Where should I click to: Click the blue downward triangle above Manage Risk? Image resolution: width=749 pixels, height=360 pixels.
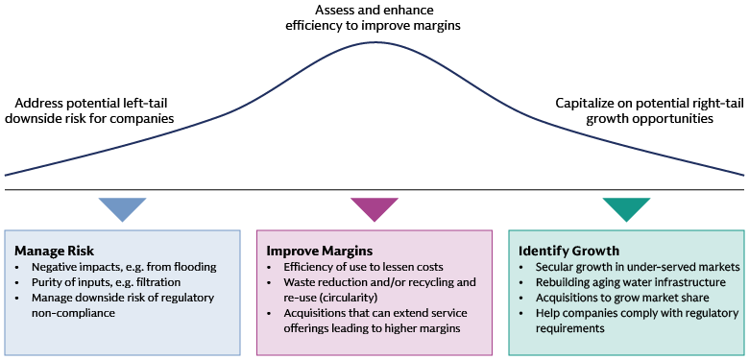(x=122, y=207)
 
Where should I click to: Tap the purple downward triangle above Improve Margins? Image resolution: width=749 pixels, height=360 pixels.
(x=374, y=207)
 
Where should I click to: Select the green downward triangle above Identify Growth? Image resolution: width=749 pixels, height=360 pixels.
(x=626, y=207)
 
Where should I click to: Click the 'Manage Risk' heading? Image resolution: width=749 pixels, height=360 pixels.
(x=47, y=251)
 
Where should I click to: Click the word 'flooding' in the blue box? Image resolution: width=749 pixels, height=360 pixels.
(x=192, y=267)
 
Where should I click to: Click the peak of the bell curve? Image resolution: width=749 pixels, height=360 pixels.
(x=374, y=43)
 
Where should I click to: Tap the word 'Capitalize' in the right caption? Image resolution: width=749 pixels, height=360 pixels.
(x=587, y=103)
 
